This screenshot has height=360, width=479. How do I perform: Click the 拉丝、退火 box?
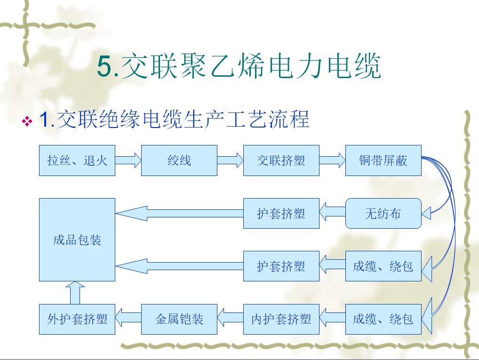(77, 160)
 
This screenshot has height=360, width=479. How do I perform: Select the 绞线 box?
(179, 160)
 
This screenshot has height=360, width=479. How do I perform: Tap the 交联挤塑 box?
(281, 160)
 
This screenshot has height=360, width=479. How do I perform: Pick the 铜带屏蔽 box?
(383, 160)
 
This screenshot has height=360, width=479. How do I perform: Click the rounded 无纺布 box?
(383, 214)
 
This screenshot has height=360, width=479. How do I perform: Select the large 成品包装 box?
(77, 240)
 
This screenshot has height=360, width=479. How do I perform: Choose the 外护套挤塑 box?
(77, 319)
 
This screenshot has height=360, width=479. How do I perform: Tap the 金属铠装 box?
(179, 319)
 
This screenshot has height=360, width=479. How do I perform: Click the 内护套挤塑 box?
(281, 319)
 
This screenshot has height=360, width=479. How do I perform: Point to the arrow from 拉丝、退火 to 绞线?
(128, 160)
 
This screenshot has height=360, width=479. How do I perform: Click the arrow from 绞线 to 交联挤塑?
(230, 160)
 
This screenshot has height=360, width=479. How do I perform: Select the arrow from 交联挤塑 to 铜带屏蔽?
(332, 160)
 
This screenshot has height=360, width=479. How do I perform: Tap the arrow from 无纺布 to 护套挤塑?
(332, 214)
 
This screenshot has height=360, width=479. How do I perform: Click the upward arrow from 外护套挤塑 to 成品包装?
(77, 293)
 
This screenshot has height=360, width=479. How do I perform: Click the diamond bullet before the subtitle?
(27, 122)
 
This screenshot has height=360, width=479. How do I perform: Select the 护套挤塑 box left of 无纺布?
(281, 214)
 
